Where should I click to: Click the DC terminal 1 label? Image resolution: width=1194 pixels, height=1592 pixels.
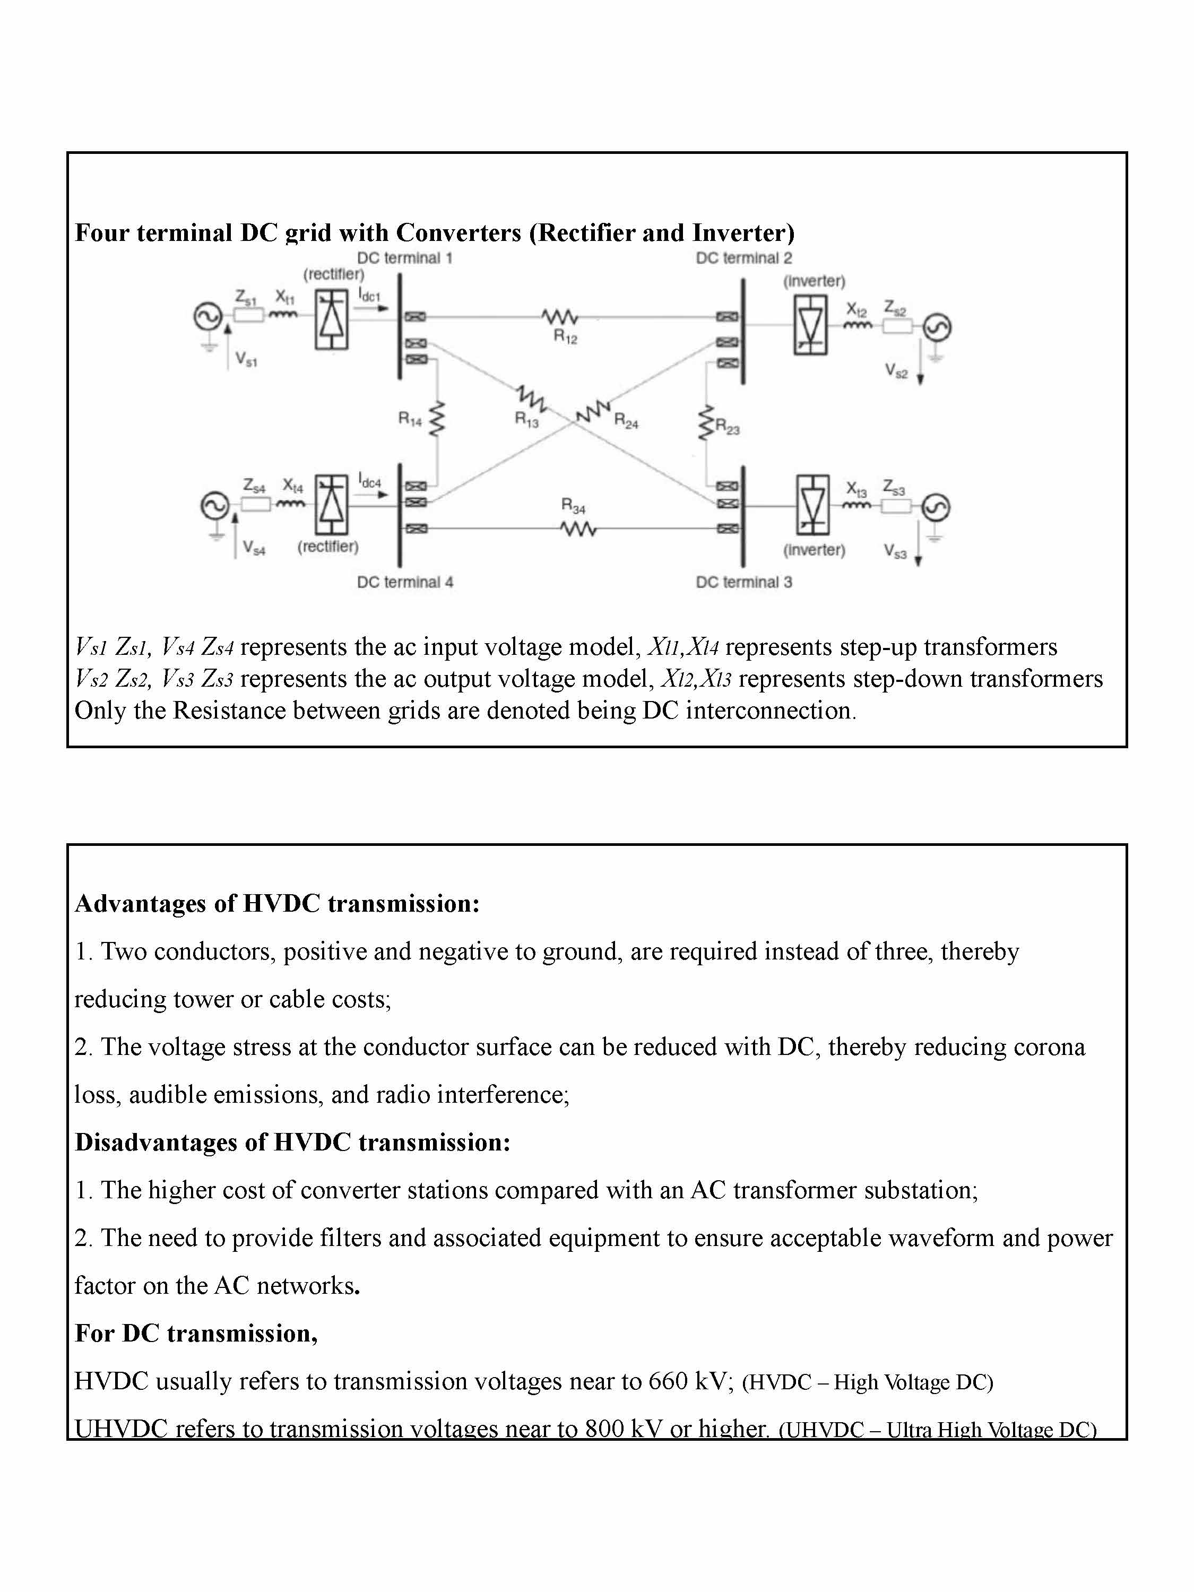point(404,258)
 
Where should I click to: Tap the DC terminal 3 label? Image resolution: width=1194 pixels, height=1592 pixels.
point(743,582)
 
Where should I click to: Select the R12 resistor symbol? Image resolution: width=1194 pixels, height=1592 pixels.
point(559,317)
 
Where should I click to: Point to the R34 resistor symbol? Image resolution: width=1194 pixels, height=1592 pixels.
point(578,529)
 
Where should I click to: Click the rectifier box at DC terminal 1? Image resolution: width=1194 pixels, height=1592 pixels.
point(331,319)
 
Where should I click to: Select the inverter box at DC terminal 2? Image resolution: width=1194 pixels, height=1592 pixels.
point(810,326)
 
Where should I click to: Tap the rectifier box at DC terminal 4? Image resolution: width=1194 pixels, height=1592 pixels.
point(331,504)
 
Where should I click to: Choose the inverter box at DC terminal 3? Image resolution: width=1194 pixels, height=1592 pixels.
point(812,505)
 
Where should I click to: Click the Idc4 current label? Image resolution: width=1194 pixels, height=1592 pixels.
point(369,481)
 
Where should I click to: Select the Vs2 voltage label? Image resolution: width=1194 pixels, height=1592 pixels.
point(896,371)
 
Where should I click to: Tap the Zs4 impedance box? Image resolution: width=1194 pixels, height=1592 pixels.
point(255,505)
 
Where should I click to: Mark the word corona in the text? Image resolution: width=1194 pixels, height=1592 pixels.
point(1049,1046)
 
